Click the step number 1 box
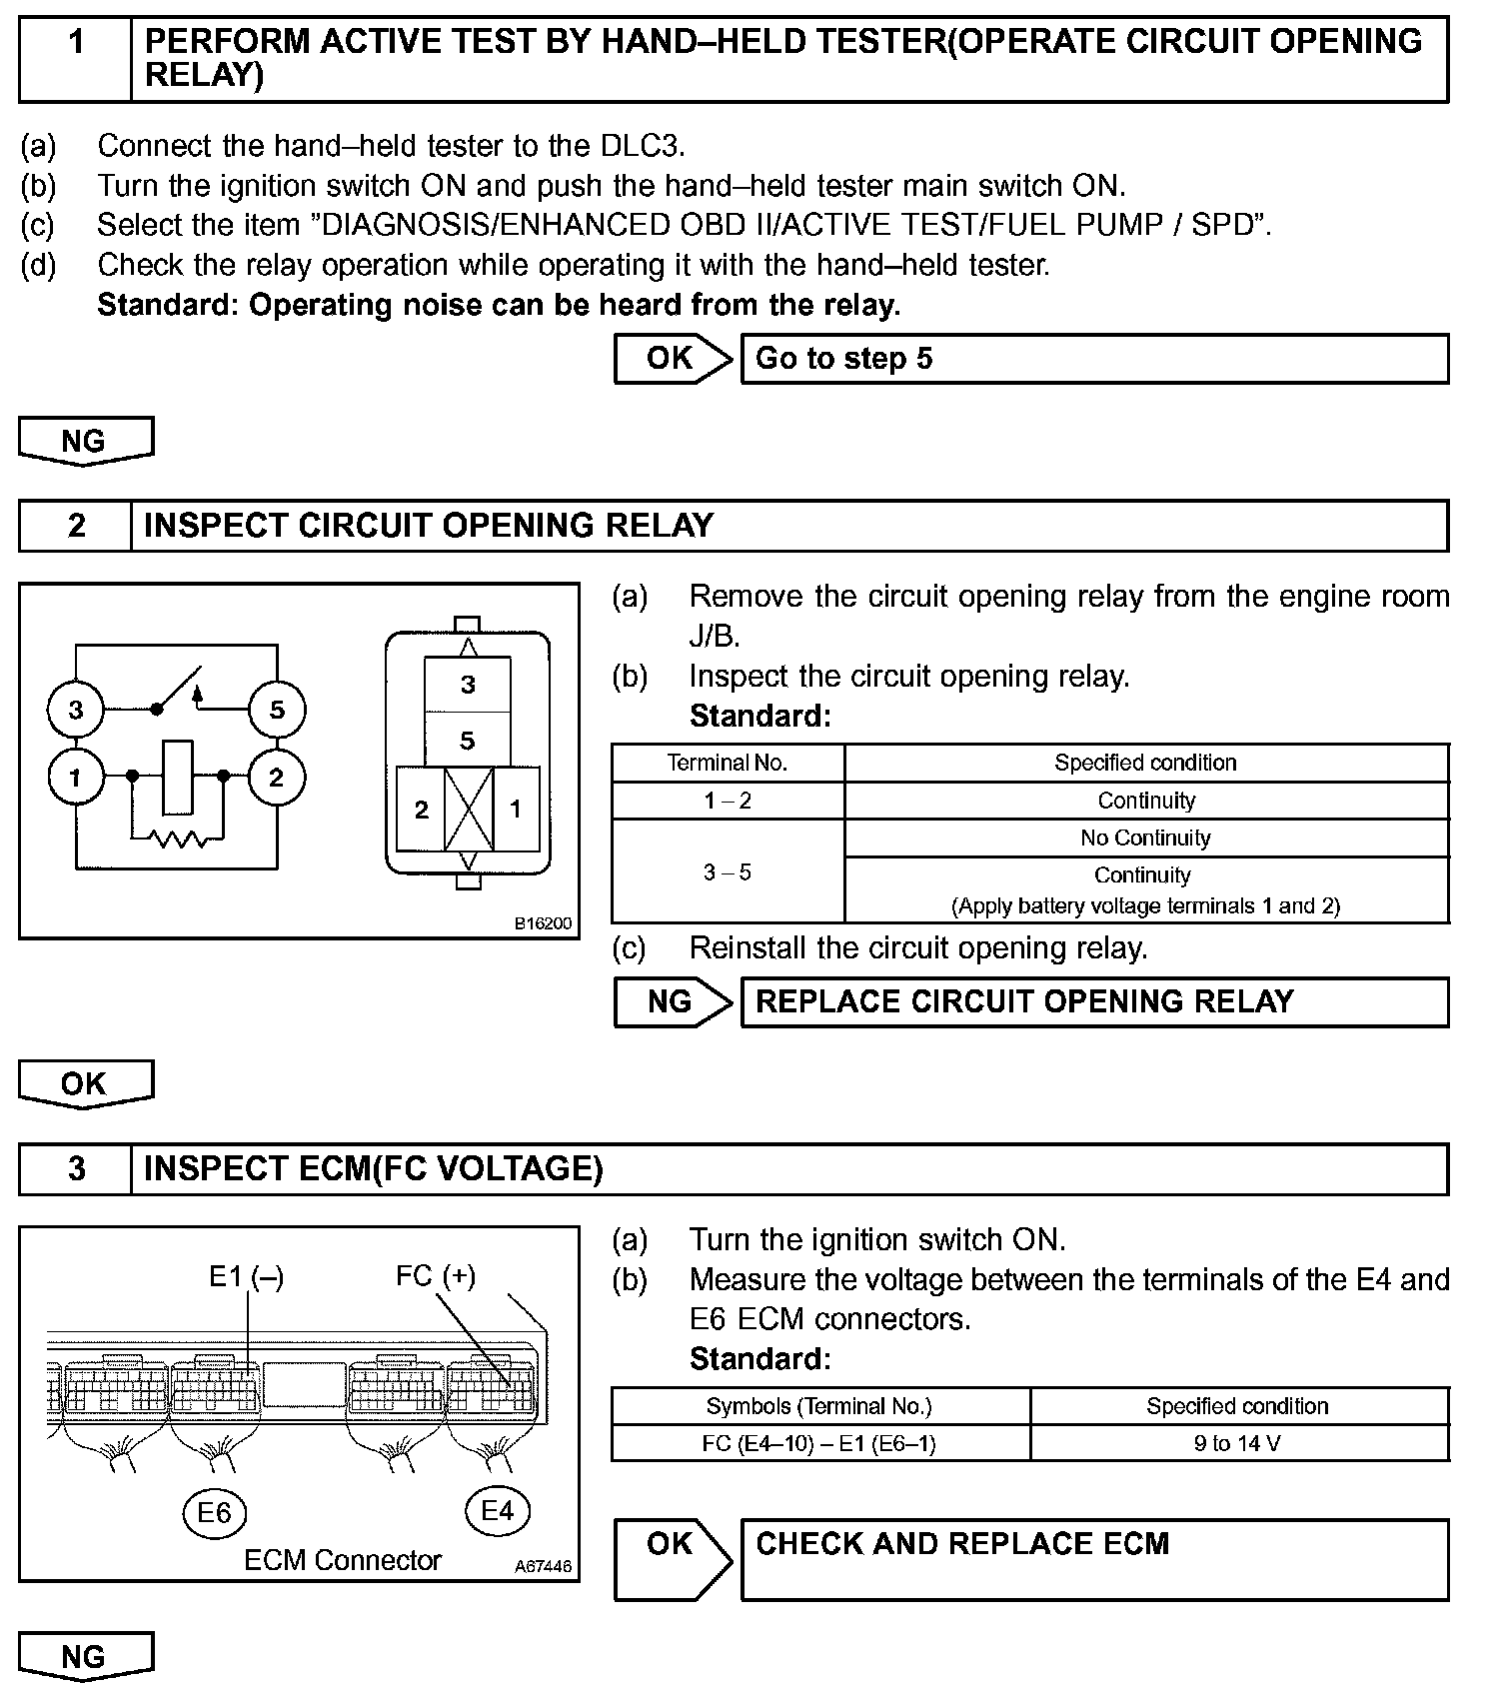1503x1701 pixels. [x=76, y=59]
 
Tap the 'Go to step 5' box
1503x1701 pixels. [x=1094, y=359]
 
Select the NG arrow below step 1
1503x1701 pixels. [x=86, y=441]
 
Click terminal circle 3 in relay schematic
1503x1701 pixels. [x=76, y=711]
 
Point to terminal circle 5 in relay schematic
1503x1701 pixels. [x=277, y=711]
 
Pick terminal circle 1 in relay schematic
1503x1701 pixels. [x=76, y=777]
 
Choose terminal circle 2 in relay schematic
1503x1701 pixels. [x=277, y=777]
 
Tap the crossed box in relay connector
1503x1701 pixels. [x=469, y=810]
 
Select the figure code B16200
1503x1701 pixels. [x=543, y=923]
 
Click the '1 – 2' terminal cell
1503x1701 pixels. [x=728, y=801]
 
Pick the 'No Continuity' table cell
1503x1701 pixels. [x=1145, y=838]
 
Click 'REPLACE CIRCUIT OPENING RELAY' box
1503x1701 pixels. [x=1094, y=1001]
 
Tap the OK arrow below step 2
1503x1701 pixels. [x=86, y=1084]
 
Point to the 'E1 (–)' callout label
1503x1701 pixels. [x=246, y=1277]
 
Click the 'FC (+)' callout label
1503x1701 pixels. [x=436, y=1276]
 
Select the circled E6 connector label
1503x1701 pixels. [x=214, y=1512]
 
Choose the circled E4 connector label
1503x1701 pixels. [x=498, y=1510]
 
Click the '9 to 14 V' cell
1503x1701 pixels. [x=1238, y=1443]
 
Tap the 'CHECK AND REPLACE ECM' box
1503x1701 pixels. [x=1094, y=1559]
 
